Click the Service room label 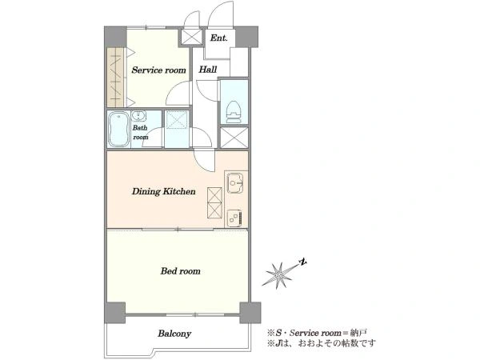[158, 70]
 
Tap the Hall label [208, 69]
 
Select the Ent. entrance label [218, 38]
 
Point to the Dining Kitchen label [163, 192]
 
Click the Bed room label [180, 271]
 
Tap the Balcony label [174, 334]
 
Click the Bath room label [140, 132]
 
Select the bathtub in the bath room [118, 129]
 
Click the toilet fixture [234, 110]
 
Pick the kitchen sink [234, 183]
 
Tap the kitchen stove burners [235, 218]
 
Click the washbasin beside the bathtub [139, 116]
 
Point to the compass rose [279, 275]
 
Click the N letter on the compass [303, 262]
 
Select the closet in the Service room [116, 77]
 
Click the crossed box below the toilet [234, 138]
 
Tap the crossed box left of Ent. [191, 37]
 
